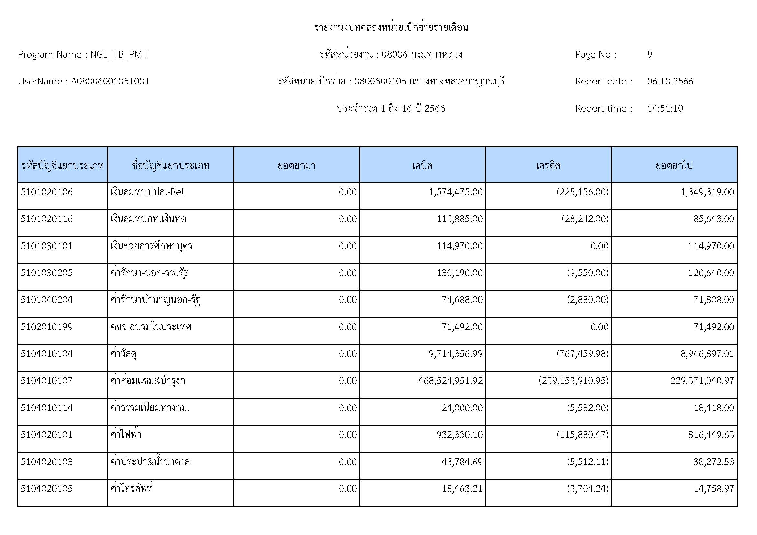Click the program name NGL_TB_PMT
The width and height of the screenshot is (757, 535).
(x=119, y=54)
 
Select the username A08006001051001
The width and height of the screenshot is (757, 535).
(x=110, y=82)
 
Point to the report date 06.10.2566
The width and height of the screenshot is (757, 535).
(x=670, y=82)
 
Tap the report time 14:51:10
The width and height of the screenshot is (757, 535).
(x=665, y=108)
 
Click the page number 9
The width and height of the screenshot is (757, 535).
(x=650, y=54)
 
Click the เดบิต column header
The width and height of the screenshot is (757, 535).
(x=422, y=165)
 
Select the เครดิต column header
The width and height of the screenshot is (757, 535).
(x=548, y=165)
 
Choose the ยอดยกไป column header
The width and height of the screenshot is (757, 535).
(x=674, y=165)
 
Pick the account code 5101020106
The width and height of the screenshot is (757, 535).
(x=47, y=192)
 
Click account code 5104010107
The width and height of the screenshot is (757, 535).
(x=47, y=381)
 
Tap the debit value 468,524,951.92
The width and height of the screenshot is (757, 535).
(x=451, y=381)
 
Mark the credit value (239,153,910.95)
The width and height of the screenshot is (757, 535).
(x=573, y=381)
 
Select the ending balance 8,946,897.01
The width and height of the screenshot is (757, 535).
(x=707, y=354)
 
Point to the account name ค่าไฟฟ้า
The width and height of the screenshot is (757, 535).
(x=126, y=434)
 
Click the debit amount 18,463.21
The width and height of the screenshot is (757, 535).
(x=462, y=488)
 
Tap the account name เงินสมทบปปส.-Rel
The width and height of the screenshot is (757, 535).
(x=147, y=192)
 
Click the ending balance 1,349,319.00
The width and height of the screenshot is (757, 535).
(x=707, y=192)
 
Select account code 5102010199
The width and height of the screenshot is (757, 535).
(x=47, y=327)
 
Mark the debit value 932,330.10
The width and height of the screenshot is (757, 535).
(x=459, y=434)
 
